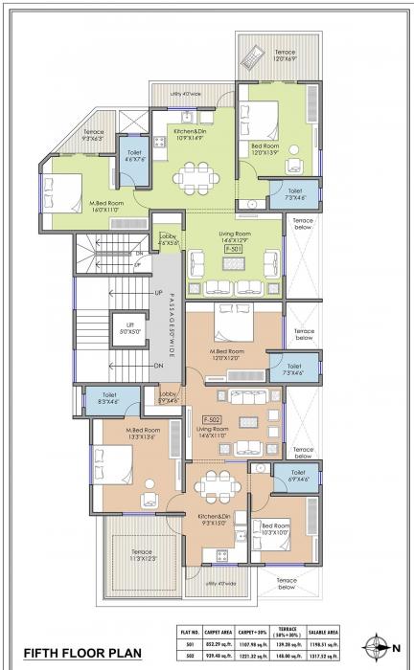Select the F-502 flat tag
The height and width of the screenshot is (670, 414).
tap(213, 419)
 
